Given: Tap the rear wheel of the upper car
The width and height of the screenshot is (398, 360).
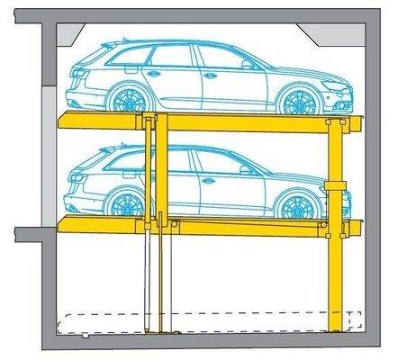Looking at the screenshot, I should pyautogui.click(x=125, y=98).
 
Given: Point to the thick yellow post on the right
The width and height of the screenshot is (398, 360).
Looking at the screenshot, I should pyautogui.click(x=336, y=270).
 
